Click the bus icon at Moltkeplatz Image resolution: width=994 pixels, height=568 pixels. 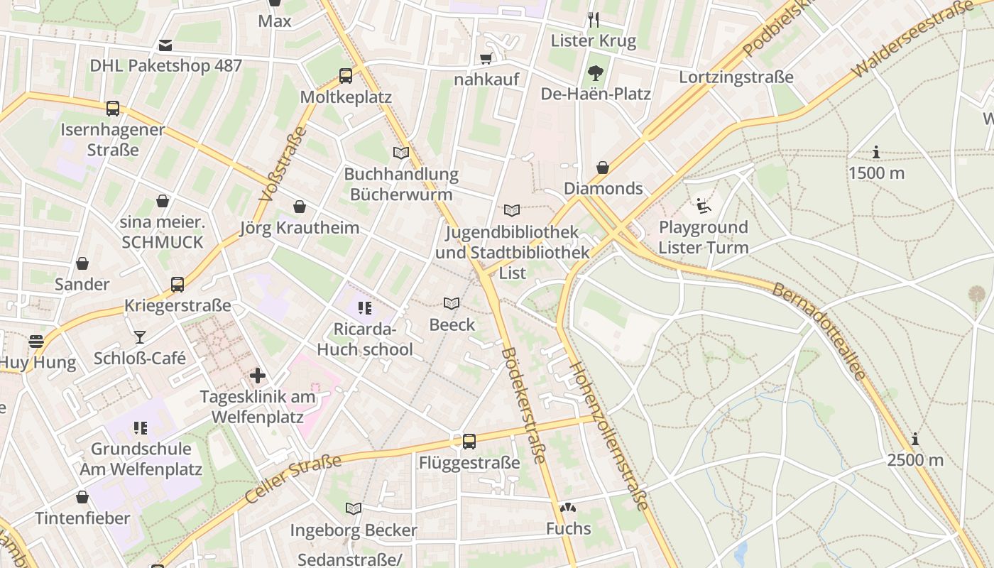pyautogui.click(x=346, y=75)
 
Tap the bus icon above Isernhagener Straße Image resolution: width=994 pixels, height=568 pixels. pyautogui.click(x=113, y=109)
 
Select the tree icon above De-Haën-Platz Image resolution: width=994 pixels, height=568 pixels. pyautogui.click(x=595, y=72)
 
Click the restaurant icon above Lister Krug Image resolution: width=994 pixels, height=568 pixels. pyautogui.click(x=594, y=19)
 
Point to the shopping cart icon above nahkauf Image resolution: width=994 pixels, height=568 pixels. pyautogui.click(x=486, y=58)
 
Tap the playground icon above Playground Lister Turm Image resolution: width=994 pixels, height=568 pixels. pyautogui.click(x=703, y=206)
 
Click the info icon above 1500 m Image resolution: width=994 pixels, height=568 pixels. pyautogui.click(x=876, y=152)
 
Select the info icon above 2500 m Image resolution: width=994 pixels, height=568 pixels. pyautogui.click(x=915, y=439)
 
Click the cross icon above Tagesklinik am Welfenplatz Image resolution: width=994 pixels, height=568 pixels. pyautogui.click(x=258, y=375)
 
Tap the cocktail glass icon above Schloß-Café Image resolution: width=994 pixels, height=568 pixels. pyautogui.click(x=140, y=337)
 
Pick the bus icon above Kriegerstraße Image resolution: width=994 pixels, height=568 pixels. pyautogui.click(x=177, y=285)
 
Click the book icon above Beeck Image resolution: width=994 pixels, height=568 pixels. pyautogui.click(x=452, y=304)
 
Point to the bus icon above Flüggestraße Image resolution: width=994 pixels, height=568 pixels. pyautogui.click(x=469, y=442)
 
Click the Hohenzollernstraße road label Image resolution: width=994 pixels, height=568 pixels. pyautogui.click(x=609, y=436)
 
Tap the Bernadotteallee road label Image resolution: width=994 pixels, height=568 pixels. pyautogui.click(x=819, y=331)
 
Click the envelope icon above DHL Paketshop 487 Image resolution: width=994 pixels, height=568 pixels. pyautogui.click(x=165, y=45)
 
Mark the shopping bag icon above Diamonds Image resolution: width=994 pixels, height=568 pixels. pyautogui.click(x=603, y=168)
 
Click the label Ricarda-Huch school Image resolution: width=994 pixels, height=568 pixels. pyautogui.click(x=364, y=339)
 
